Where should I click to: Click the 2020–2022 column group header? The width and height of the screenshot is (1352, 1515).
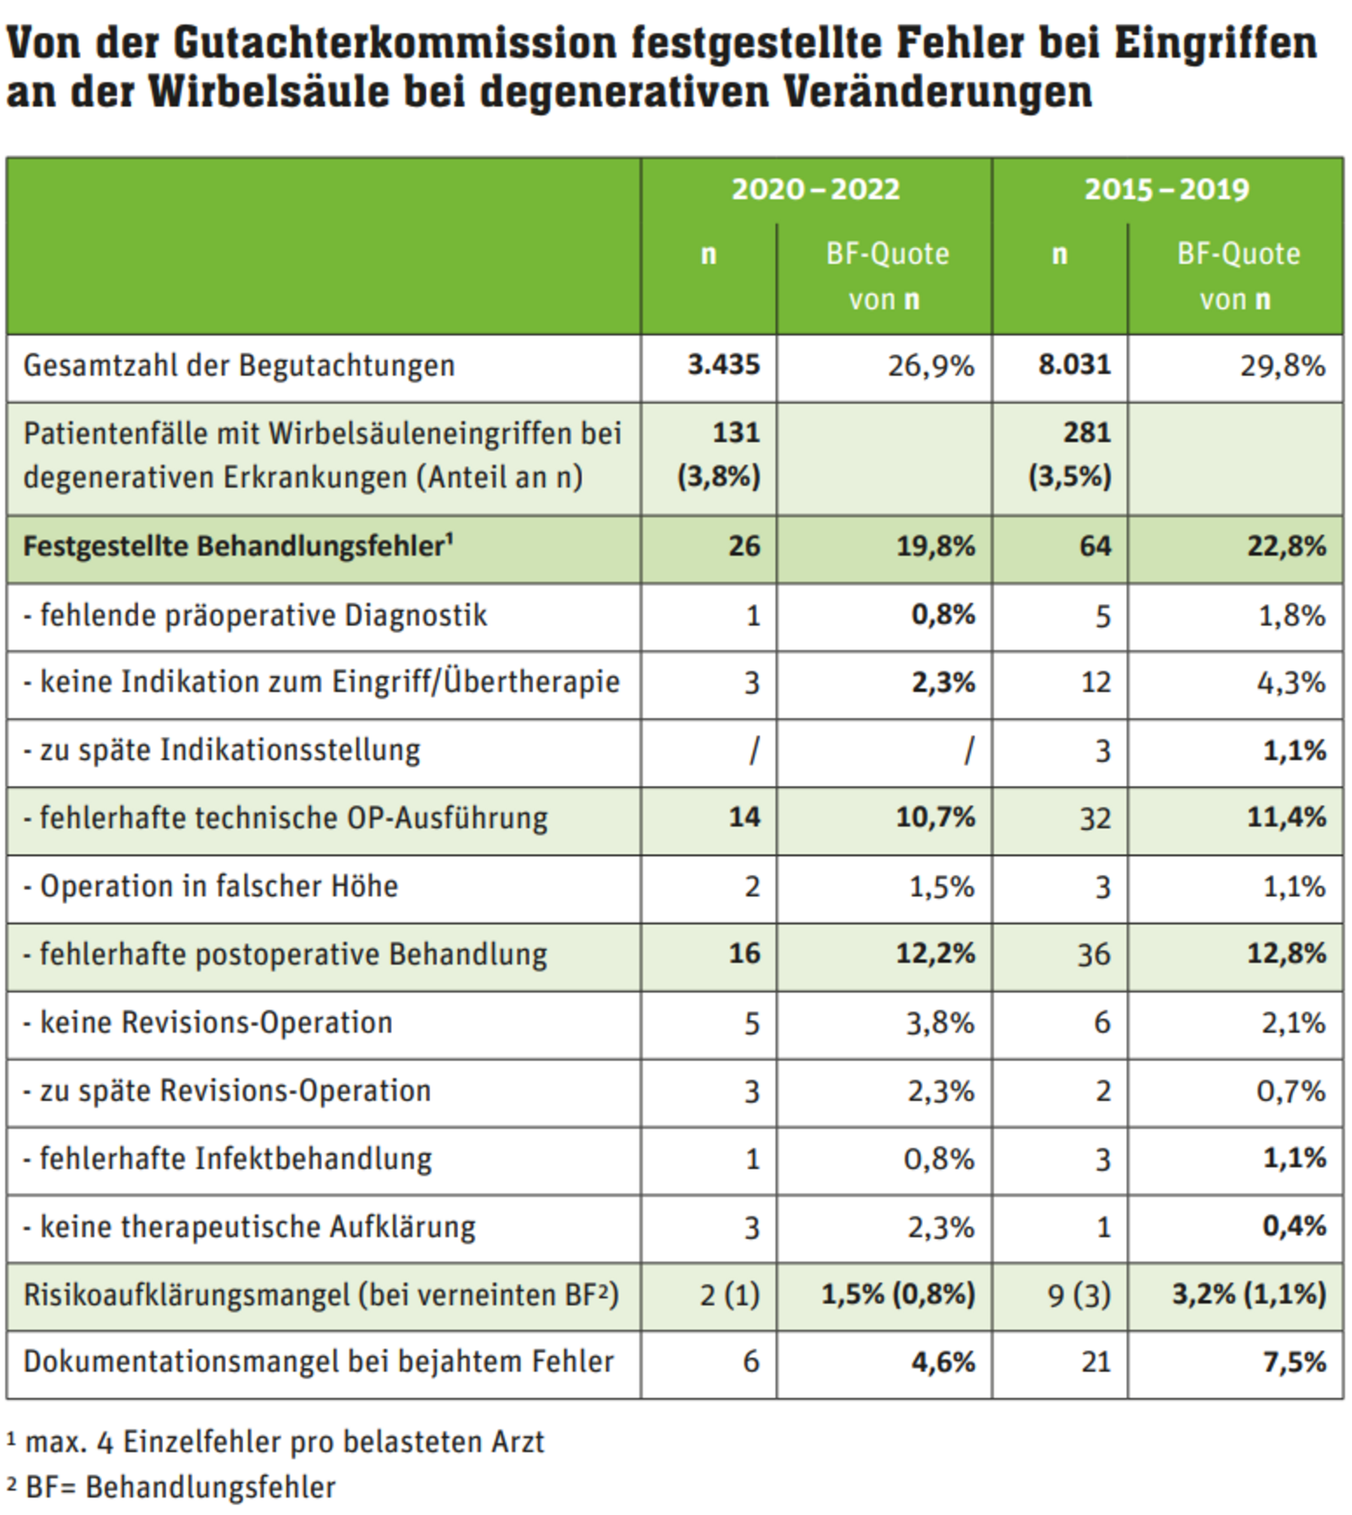[815, 189]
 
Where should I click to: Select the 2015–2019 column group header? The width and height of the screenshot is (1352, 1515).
[1166, 189]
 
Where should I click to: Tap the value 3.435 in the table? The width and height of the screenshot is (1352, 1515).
[723, 365]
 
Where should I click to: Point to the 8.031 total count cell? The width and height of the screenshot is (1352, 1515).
[1074, 365]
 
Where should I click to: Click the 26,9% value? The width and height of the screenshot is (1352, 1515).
[931, 366]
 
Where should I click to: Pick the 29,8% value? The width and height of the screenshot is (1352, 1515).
[1282, 366]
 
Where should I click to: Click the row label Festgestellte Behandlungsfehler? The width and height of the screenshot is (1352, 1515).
[238, 546]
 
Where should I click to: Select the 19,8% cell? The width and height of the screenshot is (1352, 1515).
[935, 546]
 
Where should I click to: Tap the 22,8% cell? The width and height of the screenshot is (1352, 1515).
[1287, 546]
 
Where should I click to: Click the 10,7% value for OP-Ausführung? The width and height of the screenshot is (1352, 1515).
[935, 817]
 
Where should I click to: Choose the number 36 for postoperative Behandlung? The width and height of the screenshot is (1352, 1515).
[1094, 954]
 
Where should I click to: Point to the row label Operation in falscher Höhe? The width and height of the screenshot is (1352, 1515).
[210, 886]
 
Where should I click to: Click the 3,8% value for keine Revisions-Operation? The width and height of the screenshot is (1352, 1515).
[940, 1023]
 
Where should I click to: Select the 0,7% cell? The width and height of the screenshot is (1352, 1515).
[1290, 1091]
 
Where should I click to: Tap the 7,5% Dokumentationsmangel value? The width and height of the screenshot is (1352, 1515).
[1294, 1362]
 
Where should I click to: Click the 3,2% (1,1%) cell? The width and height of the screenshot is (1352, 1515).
[1249, 1294]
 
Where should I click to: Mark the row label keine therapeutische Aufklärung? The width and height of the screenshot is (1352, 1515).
[249, 1227]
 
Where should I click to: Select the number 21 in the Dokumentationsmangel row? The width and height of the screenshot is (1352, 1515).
[1096, 1362]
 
